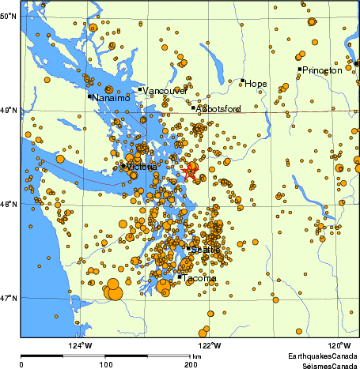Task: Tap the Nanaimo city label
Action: coord(109,99)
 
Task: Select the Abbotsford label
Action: coord(218,109)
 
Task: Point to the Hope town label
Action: coord(255,83)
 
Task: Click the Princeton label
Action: coord(321,70)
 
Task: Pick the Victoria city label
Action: coord(140,168)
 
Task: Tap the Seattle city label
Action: coord(206,250)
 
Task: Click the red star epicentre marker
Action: coord(189,171)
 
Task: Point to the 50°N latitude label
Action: coord(9,16)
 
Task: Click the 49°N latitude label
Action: coord(9,110)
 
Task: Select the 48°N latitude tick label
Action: coord(9,204)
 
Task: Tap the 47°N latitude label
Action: coord(9,298)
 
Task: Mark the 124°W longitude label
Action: coord(80,345)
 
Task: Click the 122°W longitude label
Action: coord(209,345)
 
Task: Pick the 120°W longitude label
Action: coord(339,345)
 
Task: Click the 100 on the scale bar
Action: coord(105,365)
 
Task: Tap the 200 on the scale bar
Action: coord(191,365)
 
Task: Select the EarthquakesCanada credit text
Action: coord(321,355)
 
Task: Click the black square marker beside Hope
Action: coord(242,80)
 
